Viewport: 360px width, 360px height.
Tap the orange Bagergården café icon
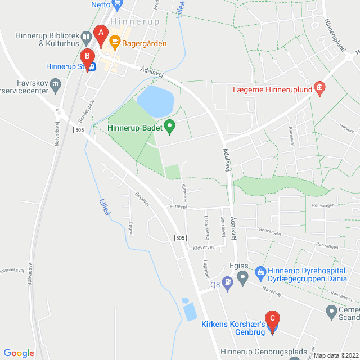pyautogui.click(x=114, y=41)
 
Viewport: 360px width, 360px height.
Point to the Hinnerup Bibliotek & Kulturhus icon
pyautogui.click(x=86, y=38)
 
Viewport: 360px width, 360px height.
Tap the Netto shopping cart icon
pyautogui.click(x=117, y=4)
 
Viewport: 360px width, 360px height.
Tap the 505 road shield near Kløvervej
pyautogui.click(x=180, y=238)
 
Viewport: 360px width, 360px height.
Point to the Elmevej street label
pyautogui.click(x=178, y=206)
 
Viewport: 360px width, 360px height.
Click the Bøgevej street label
pyautogui.click(x=142, y=200)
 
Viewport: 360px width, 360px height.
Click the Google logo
pyautogui.click(x=19, y=353)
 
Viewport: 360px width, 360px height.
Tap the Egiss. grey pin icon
pyautogui.click(x=242, y=276)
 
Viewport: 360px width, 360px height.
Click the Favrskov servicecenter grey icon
pyautogui.click(x=55, y=86)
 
